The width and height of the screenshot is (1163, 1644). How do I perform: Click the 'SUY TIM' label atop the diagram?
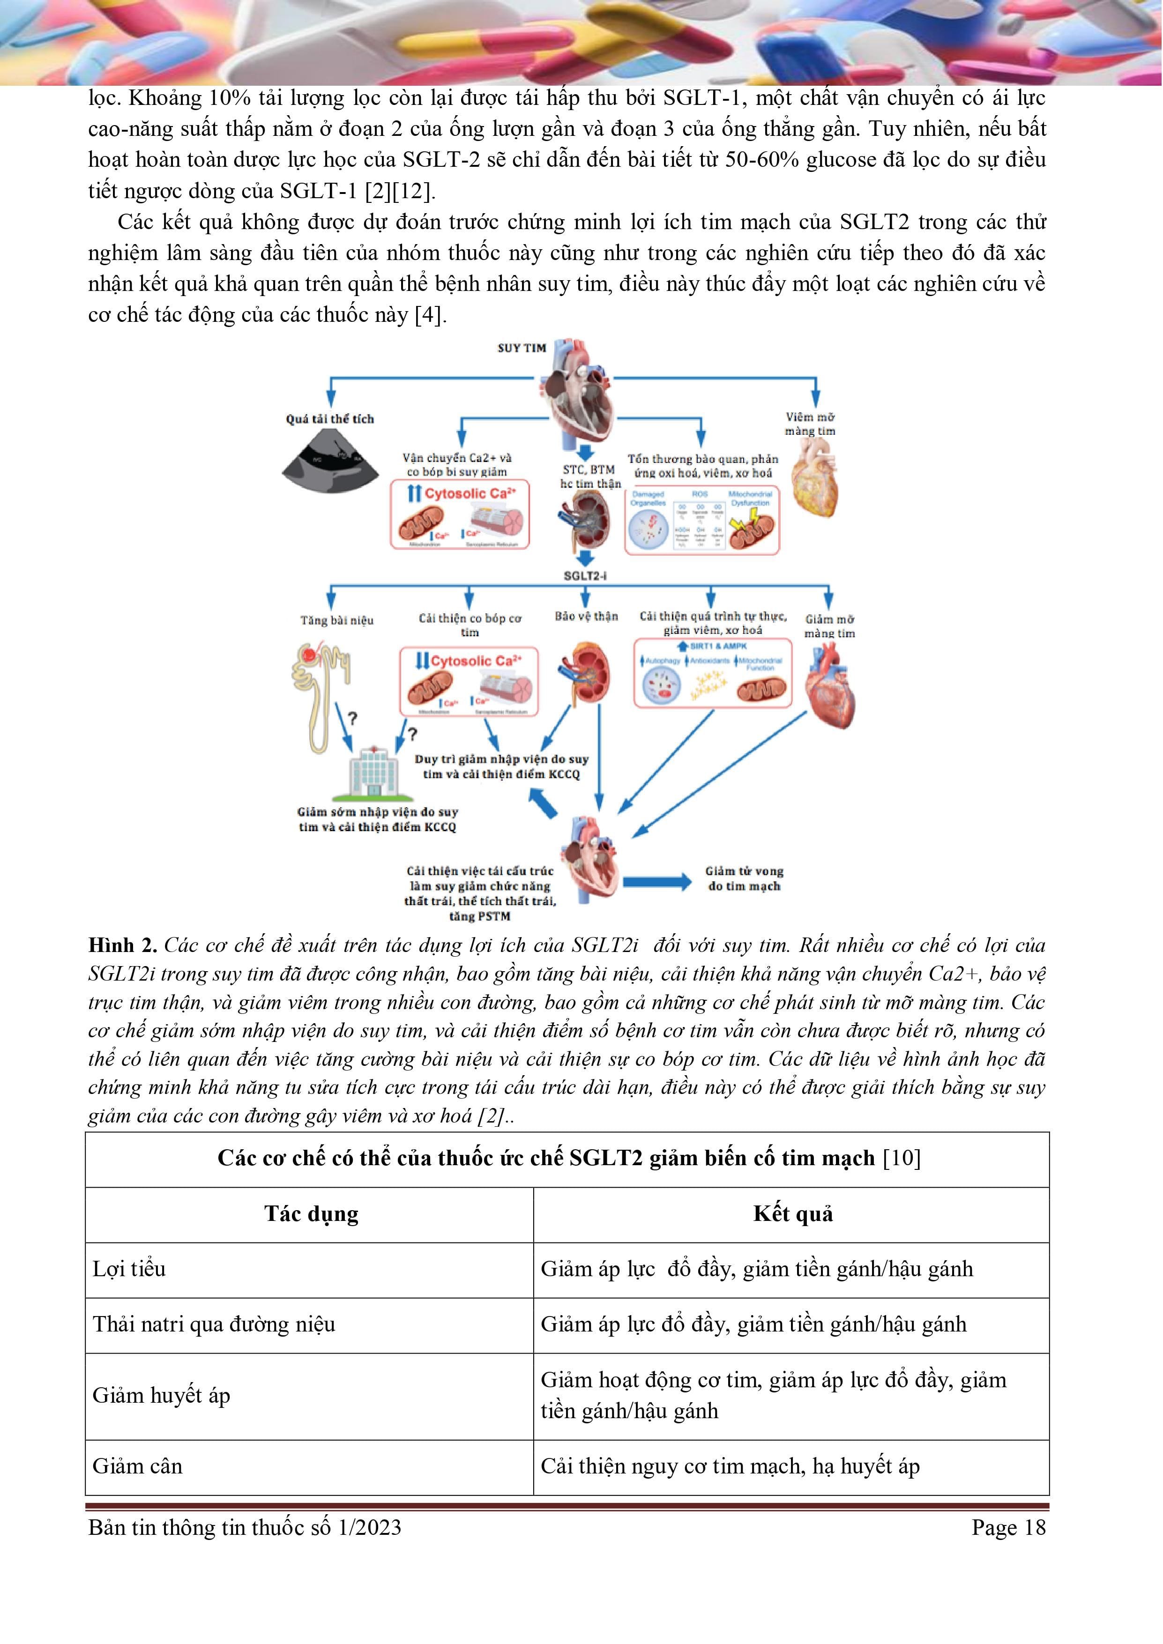click(522, 348)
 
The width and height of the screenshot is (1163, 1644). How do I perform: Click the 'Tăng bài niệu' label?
click(336, 620)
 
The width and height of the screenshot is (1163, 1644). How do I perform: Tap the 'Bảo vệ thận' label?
click(586, 616)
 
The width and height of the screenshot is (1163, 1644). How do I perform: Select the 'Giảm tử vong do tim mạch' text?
click(744, 878)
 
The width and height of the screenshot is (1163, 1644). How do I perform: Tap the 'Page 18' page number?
click(1008, 1527)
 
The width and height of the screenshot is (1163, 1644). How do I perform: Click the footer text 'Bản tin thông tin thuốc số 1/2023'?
click(245, 1527)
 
